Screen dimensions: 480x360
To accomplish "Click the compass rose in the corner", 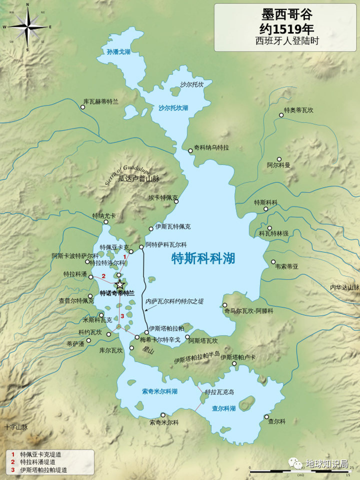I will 27,26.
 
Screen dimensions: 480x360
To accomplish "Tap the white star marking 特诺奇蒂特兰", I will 120,284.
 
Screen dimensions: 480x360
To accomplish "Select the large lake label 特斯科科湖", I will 203,258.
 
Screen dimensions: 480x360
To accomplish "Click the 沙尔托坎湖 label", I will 173,107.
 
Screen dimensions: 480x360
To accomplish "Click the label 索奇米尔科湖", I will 159,391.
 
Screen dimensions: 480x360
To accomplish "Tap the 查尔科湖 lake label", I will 223,408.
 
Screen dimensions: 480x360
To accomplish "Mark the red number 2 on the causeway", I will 103,276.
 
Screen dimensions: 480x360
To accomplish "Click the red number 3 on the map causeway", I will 122,315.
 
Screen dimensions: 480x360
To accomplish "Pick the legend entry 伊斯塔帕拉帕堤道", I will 43,470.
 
